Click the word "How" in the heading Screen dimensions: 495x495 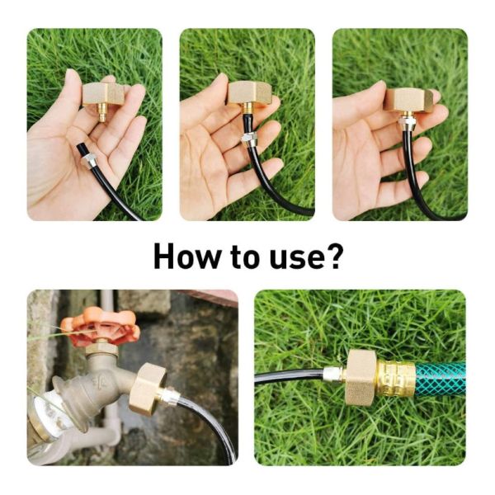point(188,257)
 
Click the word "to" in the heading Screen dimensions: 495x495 point(245,257)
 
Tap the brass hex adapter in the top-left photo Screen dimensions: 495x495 point(103,94)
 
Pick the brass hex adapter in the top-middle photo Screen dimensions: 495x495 point(249,93)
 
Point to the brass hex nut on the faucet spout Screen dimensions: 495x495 point(148,387)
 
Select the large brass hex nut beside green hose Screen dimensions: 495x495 point(361,377)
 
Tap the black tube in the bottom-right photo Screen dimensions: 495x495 point(289,376)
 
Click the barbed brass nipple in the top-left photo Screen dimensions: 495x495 point(102,113)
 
